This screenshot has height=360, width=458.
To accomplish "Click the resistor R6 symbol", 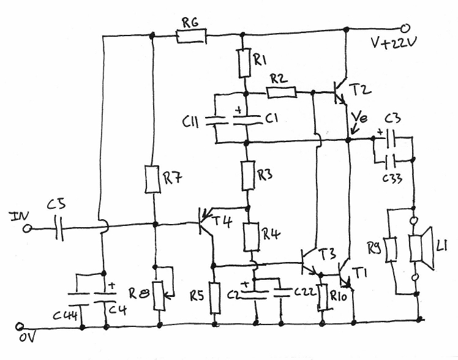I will click(192, 37).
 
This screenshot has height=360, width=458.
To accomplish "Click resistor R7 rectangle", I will click(154, 179).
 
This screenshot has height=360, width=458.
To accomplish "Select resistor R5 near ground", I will click(215, 298).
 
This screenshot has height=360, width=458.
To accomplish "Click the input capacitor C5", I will click(58, 229).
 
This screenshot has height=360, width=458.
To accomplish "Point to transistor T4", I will click(205, 225).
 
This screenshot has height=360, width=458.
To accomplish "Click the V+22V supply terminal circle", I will click(405, 28).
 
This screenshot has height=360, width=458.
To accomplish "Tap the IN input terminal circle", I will click(27, 229).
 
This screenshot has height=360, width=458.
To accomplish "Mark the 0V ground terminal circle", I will click(20, 326).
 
